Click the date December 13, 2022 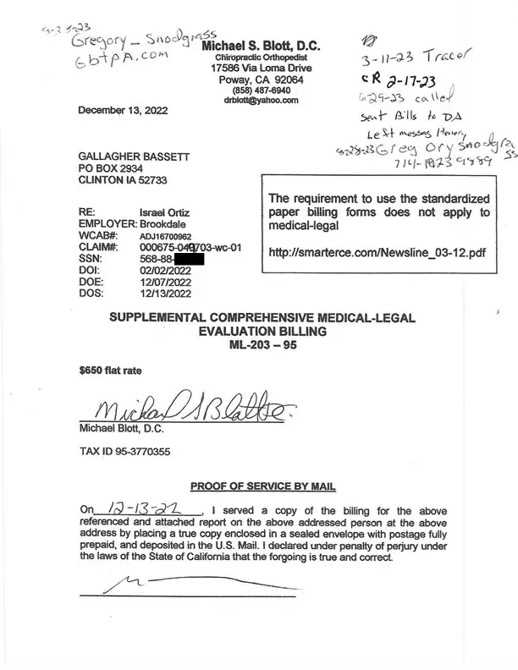(124, 111)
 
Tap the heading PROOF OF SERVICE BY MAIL (263, 486)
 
